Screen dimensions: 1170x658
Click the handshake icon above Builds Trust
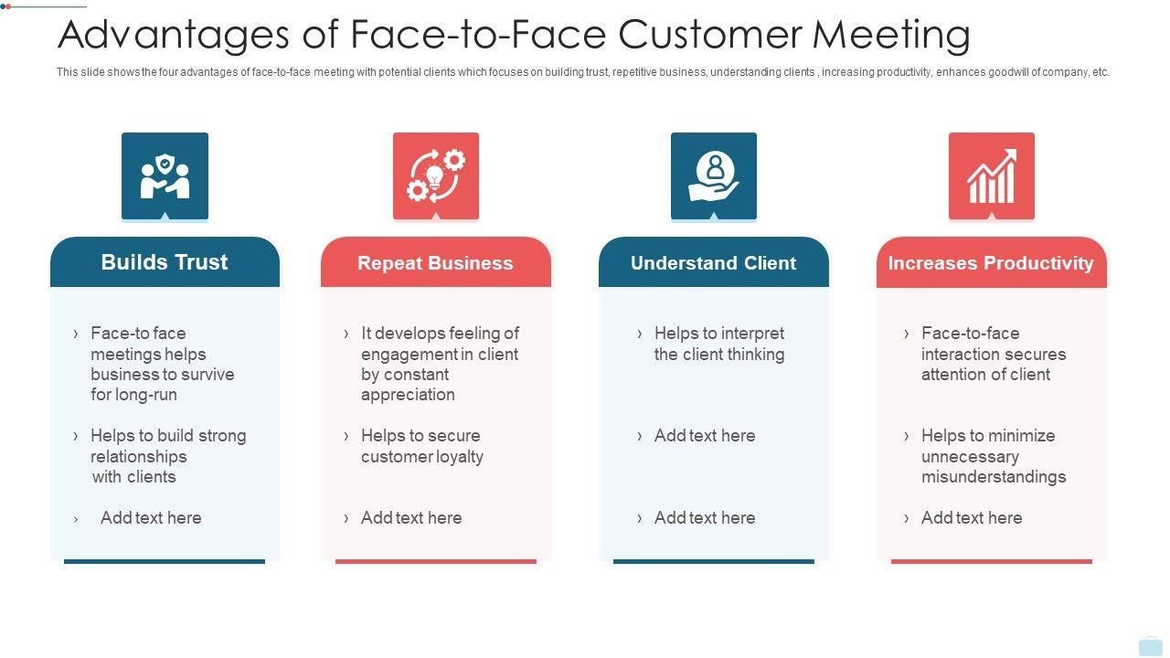coord(165,175)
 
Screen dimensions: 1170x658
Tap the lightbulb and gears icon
coord(436,175)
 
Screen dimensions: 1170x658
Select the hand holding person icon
coord(714,175)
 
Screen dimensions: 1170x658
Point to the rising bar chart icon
coord(992,175)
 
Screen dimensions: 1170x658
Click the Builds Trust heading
coord(165,262)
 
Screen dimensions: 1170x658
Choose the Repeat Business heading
coord(435,263)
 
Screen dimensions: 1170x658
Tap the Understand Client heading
coord(713,263)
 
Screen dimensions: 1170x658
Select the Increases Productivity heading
coord(991,263)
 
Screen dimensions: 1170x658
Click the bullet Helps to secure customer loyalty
coord(421,446)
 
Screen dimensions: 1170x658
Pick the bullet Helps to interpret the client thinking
coord(718,344)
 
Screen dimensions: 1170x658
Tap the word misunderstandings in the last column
coord(994,477)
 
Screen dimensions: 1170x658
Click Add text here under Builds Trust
coord(151,518)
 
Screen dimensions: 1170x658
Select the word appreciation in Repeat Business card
coord(408,395)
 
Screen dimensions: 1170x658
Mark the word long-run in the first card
coord(146,395)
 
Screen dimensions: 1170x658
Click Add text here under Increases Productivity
coord(972,518)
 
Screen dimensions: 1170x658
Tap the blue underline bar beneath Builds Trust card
coord(165,561)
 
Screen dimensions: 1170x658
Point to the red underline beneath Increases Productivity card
coord(991,561)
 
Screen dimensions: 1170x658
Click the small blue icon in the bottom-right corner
coord(1150,646)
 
